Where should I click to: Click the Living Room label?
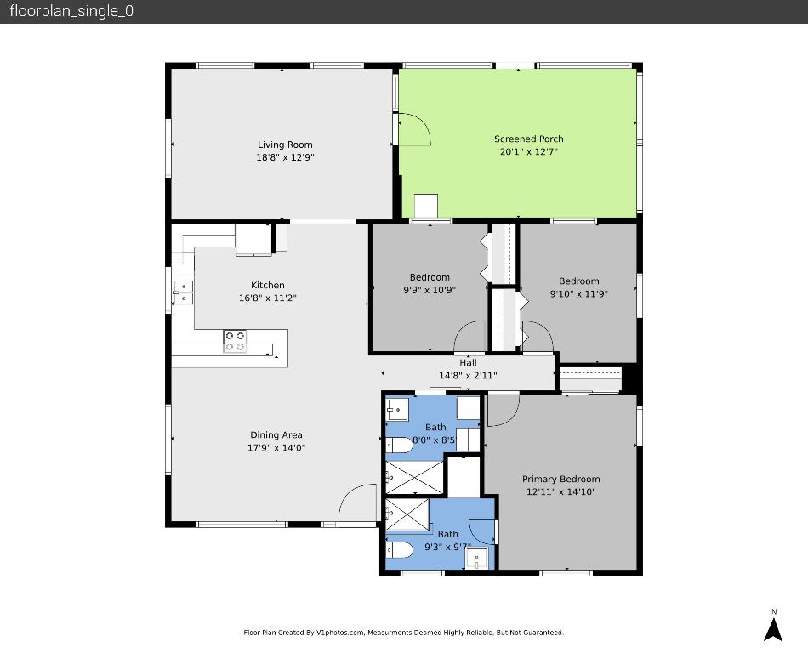coord(285,145)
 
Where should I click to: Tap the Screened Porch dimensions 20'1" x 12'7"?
coord(528,152)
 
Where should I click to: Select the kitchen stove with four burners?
coord(236,341)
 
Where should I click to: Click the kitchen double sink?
coord(183,292)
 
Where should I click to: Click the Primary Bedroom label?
coord(560,479)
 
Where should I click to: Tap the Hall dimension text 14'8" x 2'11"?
coord(468,375)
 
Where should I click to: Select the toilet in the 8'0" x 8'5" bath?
coord(398,445)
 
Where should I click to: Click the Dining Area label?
coord(276,435)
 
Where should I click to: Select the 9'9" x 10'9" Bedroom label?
coord(430,277)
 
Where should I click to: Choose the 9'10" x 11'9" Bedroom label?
coord(578,281)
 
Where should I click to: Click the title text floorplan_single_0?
coord(71,11)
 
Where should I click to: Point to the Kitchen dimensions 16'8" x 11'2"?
coord(267,298)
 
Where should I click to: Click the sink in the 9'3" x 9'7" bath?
coord(476,559)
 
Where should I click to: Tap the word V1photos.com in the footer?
coord(339,633)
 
